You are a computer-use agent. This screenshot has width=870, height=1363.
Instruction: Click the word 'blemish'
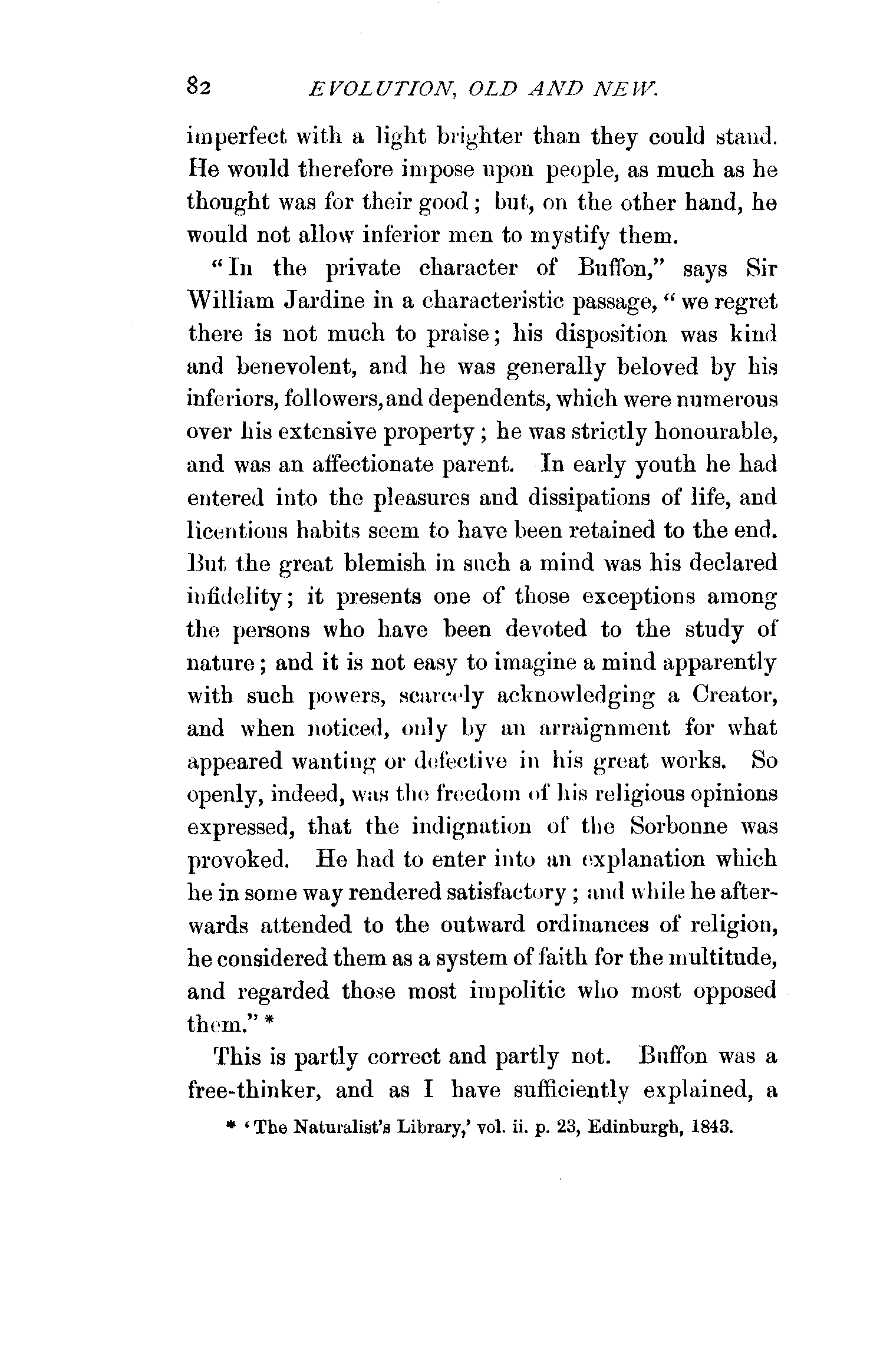[x=385, y=563]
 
